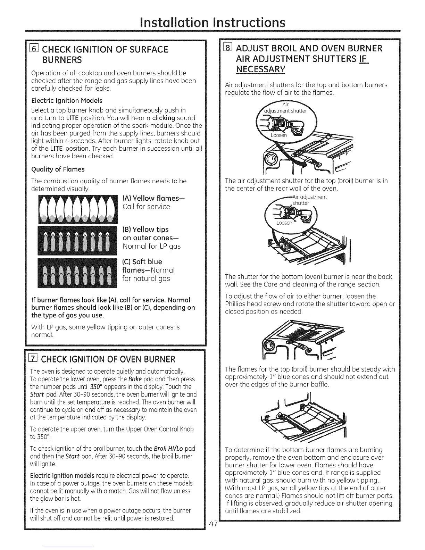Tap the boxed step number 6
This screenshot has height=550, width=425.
point(35,49)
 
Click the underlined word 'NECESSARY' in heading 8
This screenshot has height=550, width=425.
point(260,69)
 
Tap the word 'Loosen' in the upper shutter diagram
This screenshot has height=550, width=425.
point(279,135)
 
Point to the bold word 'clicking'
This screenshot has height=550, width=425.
point(161,118)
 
